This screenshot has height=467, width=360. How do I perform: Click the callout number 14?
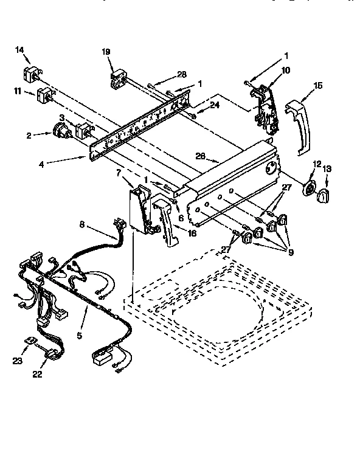(x=19, y=51)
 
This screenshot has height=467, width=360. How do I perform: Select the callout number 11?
(x=18, y=92)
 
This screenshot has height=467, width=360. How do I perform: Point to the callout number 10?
(x=285, y=71)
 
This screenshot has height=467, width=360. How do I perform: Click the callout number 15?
(x=318, y=87)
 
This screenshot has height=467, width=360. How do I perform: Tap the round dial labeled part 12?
(x=311, y=189)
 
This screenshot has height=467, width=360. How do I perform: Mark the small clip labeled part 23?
(x=28, y=344)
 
